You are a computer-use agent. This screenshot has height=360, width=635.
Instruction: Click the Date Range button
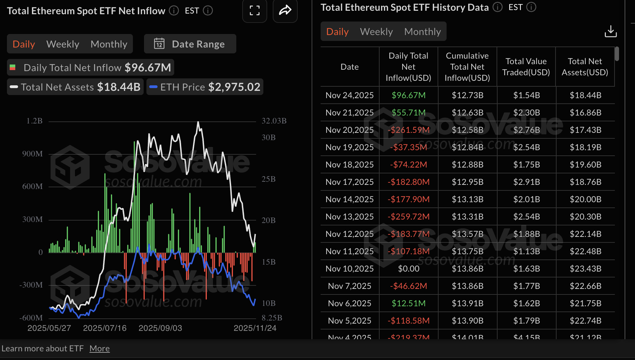click(x=190, y=44)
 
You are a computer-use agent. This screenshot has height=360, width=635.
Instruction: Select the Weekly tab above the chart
click(x=63, y=44)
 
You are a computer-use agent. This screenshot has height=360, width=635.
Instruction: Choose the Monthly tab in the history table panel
click(x=422, y=32)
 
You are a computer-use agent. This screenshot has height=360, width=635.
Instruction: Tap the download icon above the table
click(x=610, y=32)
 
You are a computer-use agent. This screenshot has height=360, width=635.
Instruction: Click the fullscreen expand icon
click(x=254, y=11)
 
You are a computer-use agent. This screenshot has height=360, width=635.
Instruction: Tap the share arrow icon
click(x=285, y=11)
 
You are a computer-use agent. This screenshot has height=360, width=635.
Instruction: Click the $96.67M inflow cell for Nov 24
click(x=408, y=95)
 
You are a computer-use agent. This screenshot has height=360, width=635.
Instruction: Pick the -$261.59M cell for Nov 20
click(x=408, y=130)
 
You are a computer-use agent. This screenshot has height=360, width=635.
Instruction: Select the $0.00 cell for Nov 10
click(x=408, y=269)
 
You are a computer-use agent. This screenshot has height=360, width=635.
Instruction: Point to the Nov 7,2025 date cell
click(x=349, y=286)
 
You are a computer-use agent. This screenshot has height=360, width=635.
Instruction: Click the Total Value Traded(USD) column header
click(x=526, y=67)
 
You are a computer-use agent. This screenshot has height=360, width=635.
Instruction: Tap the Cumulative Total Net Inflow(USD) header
click(x=467, y=67)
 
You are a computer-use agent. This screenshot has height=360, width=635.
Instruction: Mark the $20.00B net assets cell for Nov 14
click(x=585, y=199)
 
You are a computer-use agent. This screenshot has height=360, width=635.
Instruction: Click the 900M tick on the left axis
click(x=33, y=154)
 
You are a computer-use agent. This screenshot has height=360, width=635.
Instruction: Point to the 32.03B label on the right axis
click(x=274, y=121)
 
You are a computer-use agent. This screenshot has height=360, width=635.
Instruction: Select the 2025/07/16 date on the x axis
click(x=105, y=328)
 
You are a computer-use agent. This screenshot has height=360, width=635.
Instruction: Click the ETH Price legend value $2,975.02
click(x=234, y=87)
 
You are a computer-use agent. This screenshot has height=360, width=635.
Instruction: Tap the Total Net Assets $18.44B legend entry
click(x=75, y=87)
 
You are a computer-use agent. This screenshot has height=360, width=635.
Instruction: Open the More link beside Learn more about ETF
click(x=100, y=349)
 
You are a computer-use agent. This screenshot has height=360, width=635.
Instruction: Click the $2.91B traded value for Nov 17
click(x=526, y=182)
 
